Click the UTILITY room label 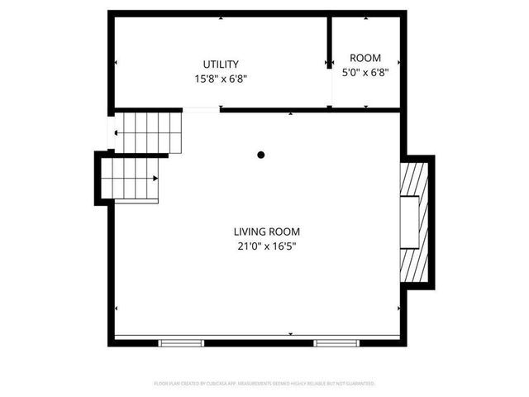pos(221,65)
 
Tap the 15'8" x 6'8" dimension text pos(221,79)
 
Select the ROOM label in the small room pos(365,58)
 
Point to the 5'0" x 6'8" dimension pos(365,72)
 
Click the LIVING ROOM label pos(266,232)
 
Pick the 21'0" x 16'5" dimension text pos(266,246)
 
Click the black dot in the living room pos(261,154)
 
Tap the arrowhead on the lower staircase pos(155,178)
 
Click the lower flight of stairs pos(131,179)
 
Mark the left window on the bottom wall pos(181,342)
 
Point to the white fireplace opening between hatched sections pos(410,222)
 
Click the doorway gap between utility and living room pos(201,109)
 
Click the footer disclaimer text pos(264,384)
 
